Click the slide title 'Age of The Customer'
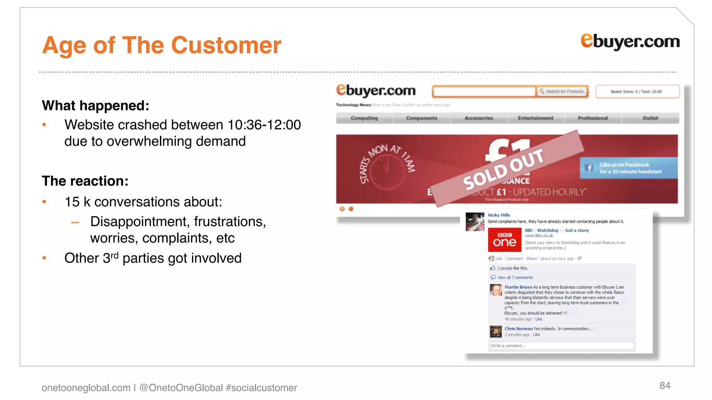tap(162, 45)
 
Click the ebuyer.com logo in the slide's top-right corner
tap(630, 41)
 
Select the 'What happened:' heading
tap(96, 106)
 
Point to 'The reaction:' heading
tap(85, 181)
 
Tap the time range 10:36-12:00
tap(264, 125)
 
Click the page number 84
tap(665, 385)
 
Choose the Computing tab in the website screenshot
tap(364, 118)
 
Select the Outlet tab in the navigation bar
tap(650, 118)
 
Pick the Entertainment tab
tap(535, 118)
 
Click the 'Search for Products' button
tap(562, 91)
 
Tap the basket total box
tap(637, 92)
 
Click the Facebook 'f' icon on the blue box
tap(589, 168)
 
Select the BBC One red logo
tap(504, 240)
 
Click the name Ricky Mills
tap(499, 215)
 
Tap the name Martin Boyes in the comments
tap(518, 287)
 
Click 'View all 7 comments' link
tap(515, 277)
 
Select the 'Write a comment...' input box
tap(561, 346)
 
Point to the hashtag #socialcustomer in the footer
tap(261, 387)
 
